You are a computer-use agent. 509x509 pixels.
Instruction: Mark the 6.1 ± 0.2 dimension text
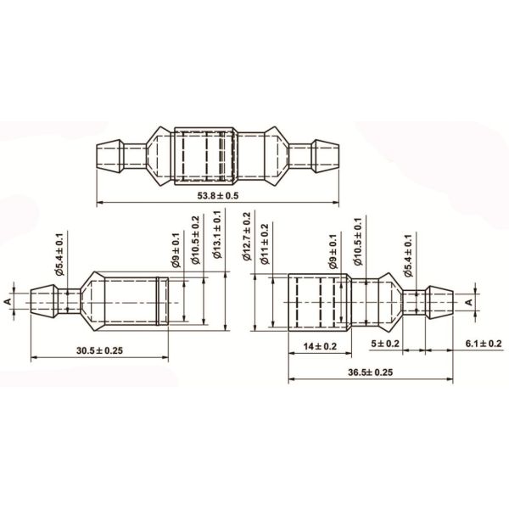tap(484, 343)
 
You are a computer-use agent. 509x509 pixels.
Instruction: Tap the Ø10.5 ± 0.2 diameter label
tap(196, 242)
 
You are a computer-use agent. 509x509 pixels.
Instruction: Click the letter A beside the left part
tap(8, 300)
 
